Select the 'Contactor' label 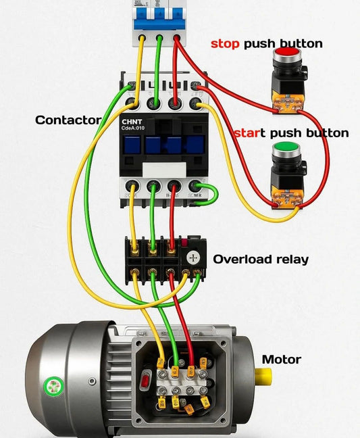pos(68,120)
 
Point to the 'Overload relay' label pos(261,259)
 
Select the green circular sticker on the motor pos(52,387)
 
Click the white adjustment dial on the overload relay pos(195,258)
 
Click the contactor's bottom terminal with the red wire pos(174,187)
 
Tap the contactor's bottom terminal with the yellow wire pos(132,187)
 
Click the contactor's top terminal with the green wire pos(153,103)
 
